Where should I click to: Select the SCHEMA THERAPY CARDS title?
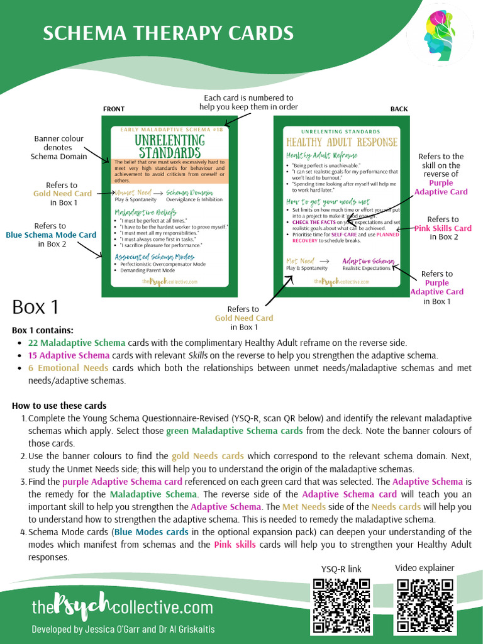tap(168, 33)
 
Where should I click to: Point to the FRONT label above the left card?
tap(113, 109)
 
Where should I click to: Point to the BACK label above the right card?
tap(399, 109)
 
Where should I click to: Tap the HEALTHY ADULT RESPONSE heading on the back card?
tap(341, 142)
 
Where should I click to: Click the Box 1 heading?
tap(35, 307)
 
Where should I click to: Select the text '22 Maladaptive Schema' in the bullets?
tap(76, 343)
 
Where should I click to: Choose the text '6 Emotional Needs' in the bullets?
tap(68, 368)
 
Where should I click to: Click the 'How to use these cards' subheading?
tap(59, 406)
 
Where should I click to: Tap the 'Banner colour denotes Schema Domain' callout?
tap(58, 147)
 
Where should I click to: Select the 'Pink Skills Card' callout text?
tap(443, 228)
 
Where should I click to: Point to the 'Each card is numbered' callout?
tap(248, 102)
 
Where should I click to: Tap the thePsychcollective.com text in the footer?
tap(123, 607)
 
